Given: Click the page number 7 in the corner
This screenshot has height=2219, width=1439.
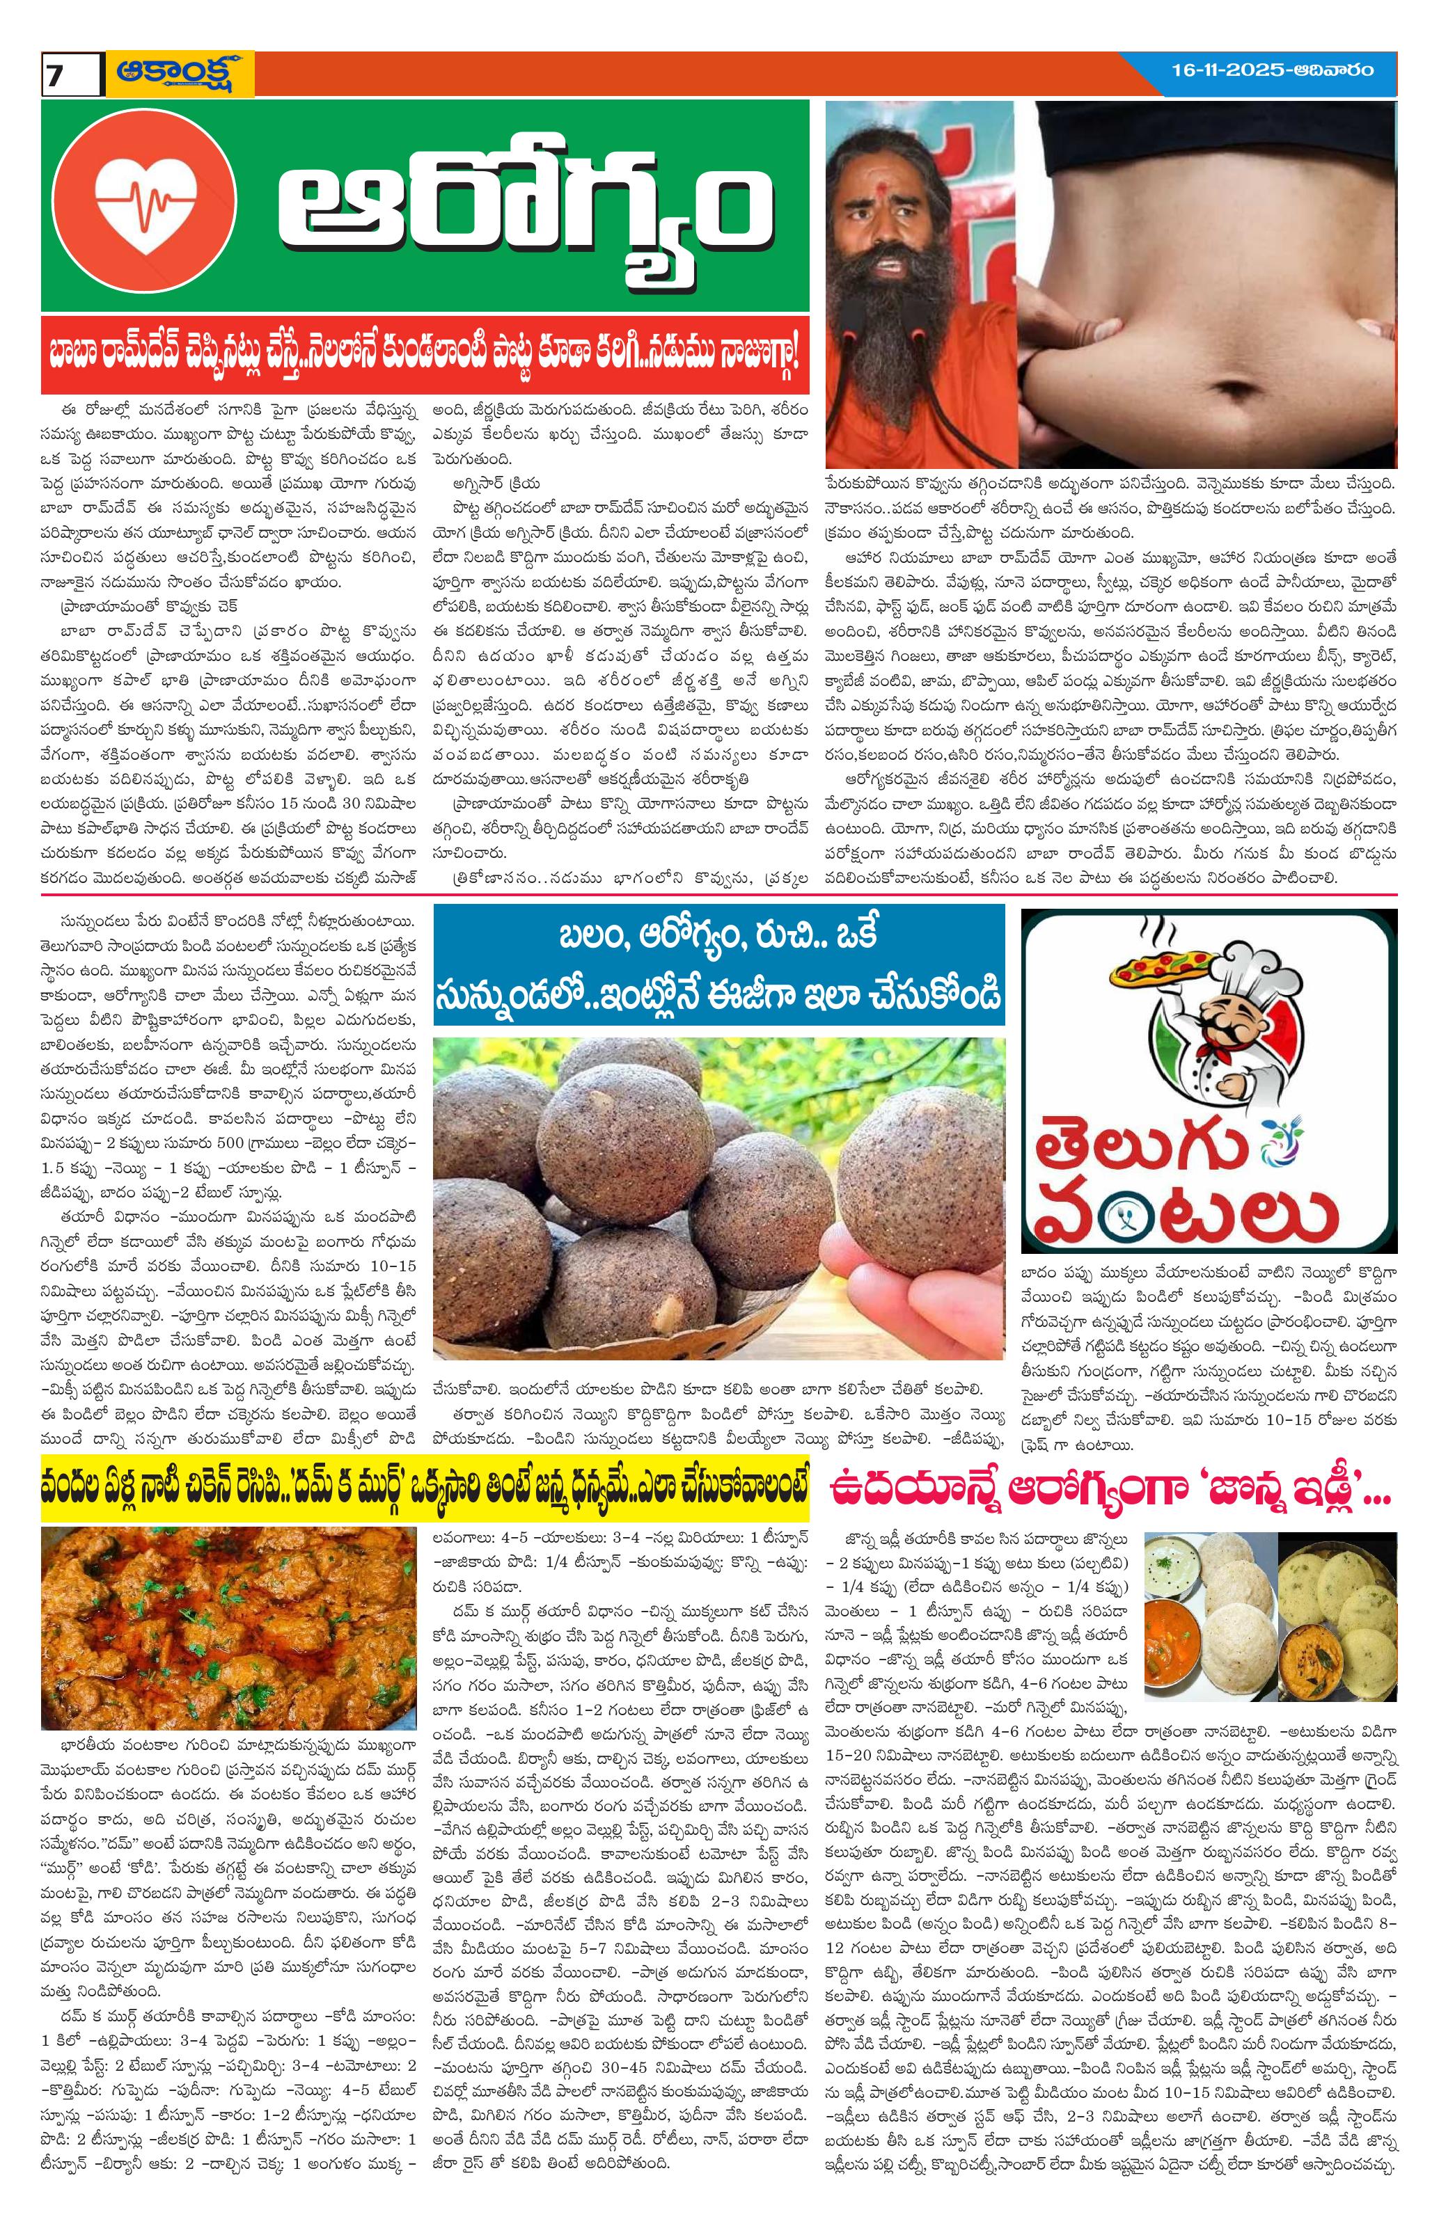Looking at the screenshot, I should [55, 77].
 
